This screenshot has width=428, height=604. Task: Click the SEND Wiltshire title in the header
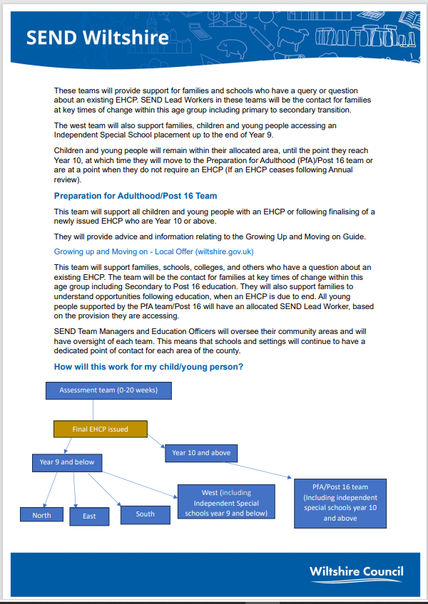pyautogui.click(x=97, y=37)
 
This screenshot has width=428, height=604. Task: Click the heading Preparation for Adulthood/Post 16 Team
pyautogui.click(x=136, y=196)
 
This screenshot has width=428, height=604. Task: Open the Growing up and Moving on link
pyautogui.click(x=153, y=251)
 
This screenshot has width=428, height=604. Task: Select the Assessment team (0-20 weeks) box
pyautogui.click(x=109, y=390)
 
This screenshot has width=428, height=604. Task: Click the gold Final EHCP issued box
pyautogui.click(x=101, y=429)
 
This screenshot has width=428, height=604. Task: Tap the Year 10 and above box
pyautogui.click(x=202, y=452)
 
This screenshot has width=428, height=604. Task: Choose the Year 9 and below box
pyautogui.click(x=67, y=462)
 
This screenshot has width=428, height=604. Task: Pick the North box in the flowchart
pyautogui.click(x=42, y=515)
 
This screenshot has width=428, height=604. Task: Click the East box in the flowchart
pyautogui.click(x=89, y=516)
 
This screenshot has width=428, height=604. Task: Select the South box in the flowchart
pyautogui.click(x=145, y=514)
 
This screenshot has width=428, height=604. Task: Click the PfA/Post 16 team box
pyautogui.click(x=340, y=502)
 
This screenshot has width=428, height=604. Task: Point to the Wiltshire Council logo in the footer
pyautogui.click(x=357, y=572)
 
